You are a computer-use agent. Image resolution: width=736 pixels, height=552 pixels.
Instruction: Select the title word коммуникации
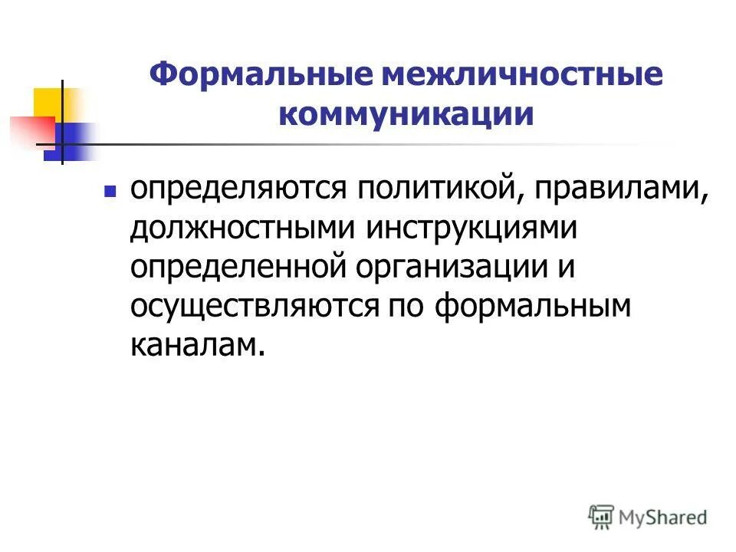406,115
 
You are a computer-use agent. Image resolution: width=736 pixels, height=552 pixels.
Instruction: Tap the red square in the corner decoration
27,130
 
